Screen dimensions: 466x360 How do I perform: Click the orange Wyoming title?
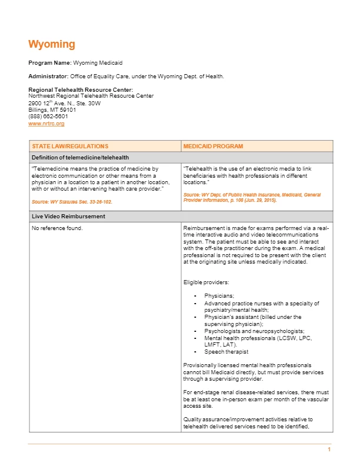(x=52, y=45)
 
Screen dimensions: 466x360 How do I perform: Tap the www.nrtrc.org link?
(x=46, y=124)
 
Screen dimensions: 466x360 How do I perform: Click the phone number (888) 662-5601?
(x=48, y=116)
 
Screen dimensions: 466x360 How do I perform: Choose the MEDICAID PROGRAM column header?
(x=213, y=146)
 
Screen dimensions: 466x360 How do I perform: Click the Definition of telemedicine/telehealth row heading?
(x=80, y=157)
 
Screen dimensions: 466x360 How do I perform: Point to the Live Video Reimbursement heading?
(x=68, y=217)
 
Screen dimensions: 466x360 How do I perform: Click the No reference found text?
(x=58, y=228)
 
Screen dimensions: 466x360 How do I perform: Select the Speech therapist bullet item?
(x=226, y=352)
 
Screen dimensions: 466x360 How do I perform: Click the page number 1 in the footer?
(x=329, y=450)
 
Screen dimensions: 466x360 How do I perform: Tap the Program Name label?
(x=50, y=62)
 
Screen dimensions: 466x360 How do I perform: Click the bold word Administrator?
(x=48, y=76)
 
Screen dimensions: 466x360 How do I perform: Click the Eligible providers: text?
(x=205, y=282)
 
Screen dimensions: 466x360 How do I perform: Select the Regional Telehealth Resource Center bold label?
(x=81, y=89)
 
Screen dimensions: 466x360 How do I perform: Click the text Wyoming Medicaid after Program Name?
(x=98, y=62)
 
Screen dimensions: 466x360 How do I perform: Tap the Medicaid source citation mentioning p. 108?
(x=252, y=197)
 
